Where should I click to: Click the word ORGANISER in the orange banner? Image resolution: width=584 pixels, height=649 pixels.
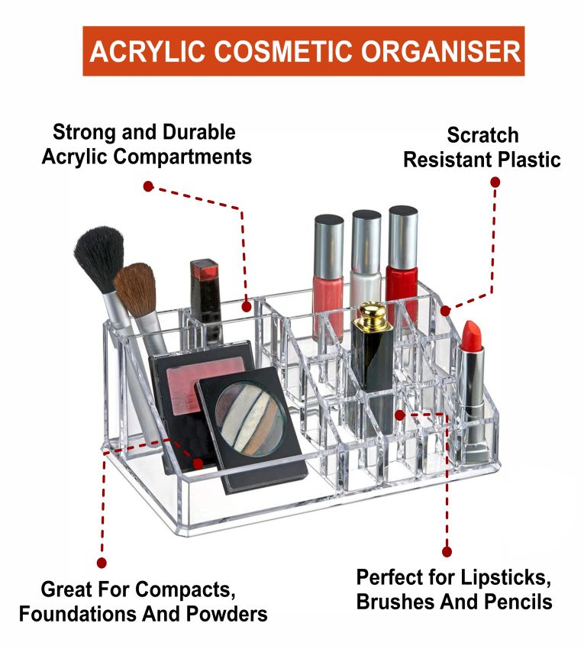(440, 52)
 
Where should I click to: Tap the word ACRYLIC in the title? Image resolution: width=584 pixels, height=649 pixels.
(147, 52)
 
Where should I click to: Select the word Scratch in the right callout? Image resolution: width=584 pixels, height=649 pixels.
(482, 135)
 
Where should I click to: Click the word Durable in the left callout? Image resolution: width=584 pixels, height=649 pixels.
(198, 132)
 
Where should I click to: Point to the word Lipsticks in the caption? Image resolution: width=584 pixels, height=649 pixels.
(506, 577)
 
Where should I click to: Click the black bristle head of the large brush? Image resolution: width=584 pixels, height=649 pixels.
(99, 258)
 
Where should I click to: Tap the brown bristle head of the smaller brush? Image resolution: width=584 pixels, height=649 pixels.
(135, 289)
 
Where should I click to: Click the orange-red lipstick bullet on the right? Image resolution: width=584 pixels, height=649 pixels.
(472, 336)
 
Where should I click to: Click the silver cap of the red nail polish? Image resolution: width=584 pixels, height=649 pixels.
(403, 237)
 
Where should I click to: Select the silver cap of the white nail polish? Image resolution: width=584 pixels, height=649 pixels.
(366, 242)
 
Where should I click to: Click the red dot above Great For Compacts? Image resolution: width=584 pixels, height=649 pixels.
(102, 563)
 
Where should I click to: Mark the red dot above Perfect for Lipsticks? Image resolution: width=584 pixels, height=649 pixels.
(447, 551)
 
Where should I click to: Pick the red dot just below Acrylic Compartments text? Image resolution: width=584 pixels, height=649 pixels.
(148, 186)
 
